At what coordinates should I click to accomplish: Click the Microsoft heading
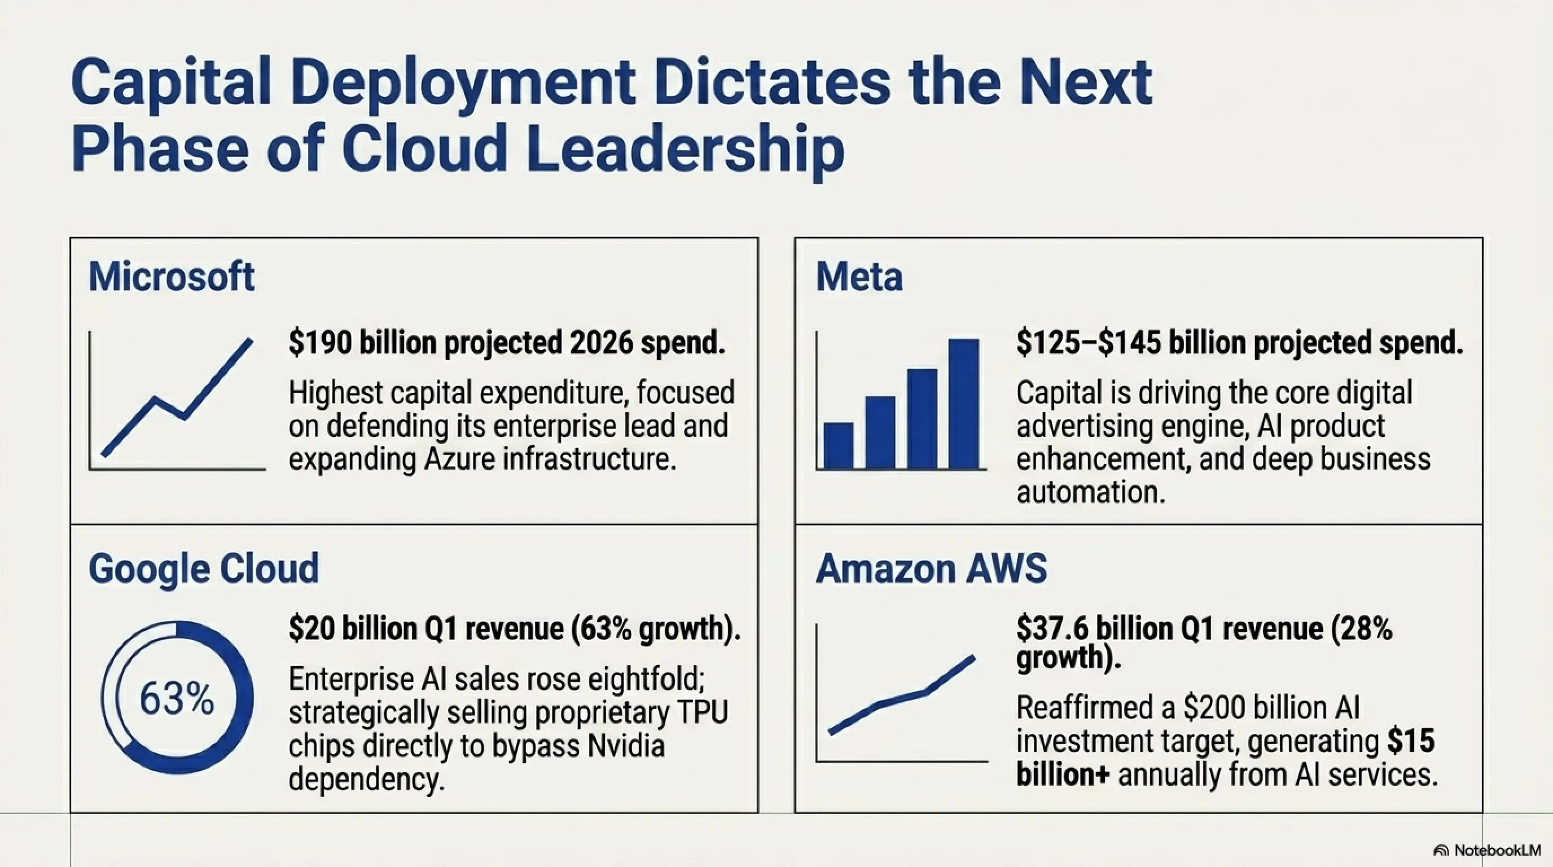(172, 277)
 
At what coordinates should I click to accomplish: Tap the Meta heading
(859, 277)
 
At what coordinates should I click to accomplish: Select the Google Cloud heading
(204, 569)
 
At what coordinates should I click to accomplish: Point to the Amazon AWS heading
(932, 568)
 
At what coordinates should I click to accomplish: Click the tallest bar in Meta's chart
(963, 404)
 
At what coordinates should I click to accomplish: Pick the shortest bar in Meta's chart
(839, 445)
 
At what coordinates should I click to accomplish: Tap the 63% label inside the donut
(177, 699)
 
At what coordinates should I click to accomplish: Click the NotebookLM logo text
(1497, 850)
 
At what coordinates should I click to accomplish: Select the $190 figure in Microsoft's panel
(319, 343)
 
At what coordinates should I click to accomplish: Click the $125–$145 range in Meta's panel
(1088, 343)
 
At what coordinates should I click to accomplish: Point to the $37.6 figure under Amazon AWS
(1052, 628)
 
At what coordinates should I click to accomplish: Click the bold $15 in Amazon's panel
(1411, 741)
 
